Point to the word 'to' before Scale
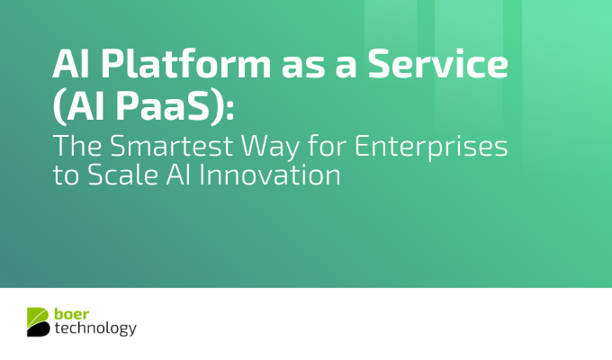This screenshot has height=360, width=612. point(65,175)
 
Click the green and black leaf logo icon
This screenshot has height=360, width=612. point(39,321)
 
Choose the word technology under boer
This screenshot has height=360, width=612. point(96,329)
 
